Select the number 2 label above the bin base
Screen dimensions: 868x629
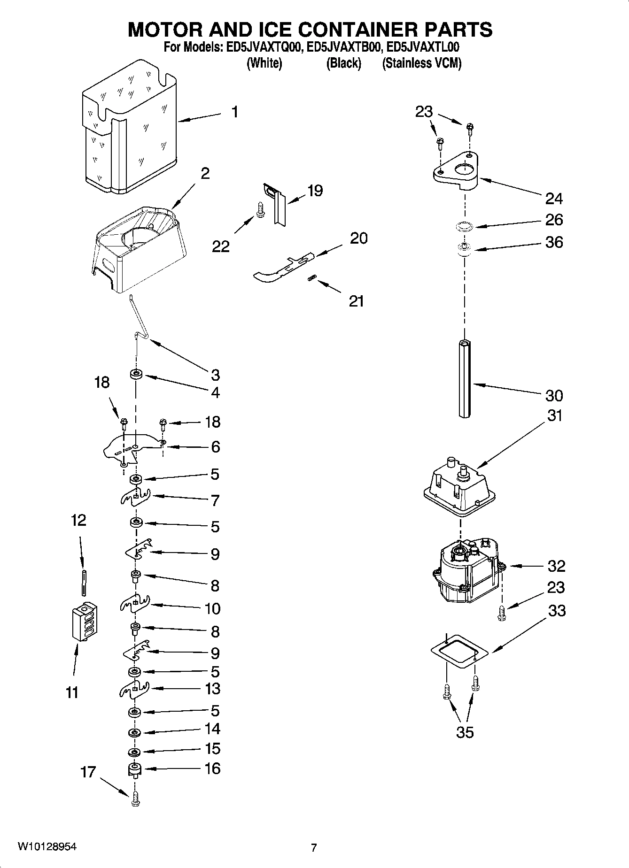(x=205, y=173)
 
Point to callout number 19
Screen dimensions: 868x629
(x=315, y=191)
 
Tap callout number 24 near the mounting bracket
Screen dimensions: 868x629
(x=554, y=199)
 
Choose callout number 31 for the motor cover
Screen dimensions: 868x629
(x=554, y=415)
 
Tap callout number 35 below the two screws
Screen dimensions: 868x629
(x=465, y=732)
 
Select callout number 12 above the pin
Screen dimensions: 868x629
(x=78, y=520)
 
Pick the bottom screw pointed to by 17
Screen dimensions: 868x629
(x=135, y=798)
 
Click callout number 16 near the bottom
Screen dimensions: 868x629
(x=212, y=768)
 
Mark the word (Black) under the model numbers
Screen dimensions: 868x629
(x=343, y=63)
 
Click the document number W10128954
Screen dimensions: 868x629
(x=47, y=846)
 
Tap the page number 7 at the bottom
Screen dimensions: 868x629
(x=314, y=847)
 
